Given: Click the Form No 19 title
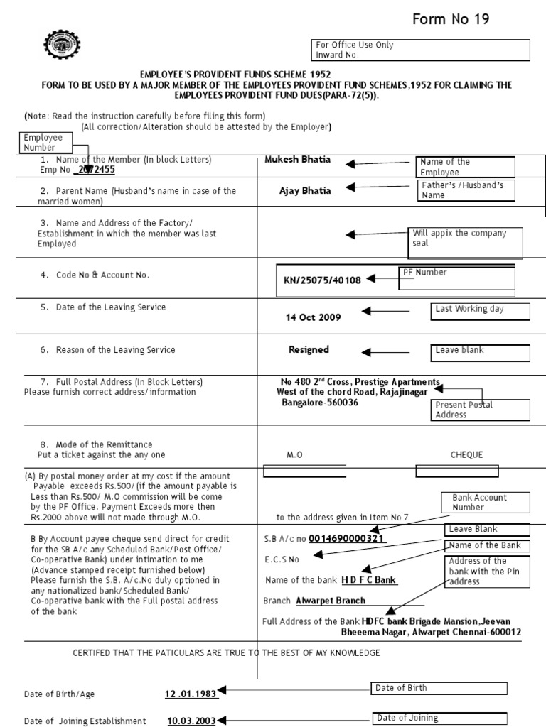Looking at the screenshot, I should [x=451, y=19].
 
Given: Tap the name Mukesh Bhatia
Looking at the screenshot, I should [x=297, y=160].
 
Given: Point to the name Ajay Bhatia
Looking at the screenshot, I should [x=306, y=190].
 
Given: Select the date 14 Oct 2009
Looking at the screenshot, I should [x=314, y=317].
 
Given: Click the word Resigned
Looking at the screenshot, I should [x=309, y=349].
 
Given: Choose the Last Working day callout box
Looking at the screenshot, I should [x=481, y=312].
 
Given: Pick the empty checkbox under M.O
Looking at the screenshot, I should [x=304, y=470].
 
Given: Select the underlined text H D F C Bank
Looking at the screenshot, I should [x=369, y=580].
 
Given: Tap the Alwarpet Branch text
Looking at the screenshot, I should [x=331, y=601].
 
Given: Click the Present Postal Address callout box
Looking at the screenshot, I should [x=481, y=410].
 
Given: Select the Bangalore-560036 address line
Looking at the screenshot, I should [x=320, y=403].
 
